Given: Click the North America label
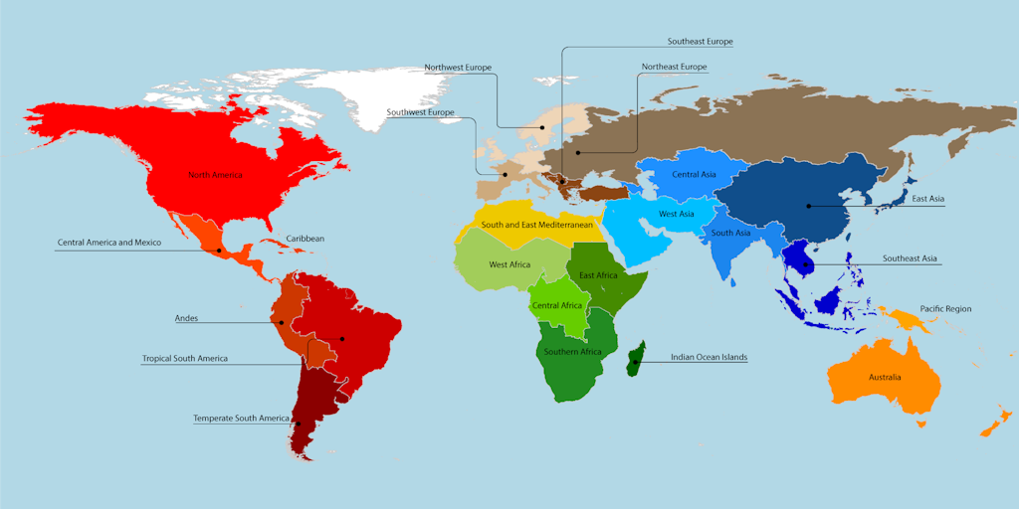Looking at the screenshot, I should point(215,175).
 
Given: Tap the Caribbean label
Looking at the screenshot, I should point(306,239).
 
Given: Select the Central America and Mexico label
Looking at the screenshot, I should point(109,243).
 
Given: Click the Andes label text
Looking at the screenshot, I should point(186,318).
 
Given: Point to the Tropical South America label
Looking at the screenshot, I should point(185,358).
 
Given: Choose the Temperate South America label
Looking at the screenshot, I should point(242,418).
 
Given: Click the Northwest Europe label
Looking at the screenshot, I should point(458,68).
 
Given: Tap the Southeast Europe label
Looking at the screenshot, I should point(700,42).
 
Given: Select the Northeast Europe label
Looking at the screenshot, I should point(674,67).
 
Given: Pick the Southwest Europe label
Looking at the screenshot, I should point(420,112).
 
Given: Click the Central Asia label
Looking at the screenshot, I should point(694,175).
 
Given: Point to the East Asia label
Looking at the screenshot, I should point(929,199).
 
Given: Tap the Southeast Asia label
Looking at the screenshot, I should point(910,258).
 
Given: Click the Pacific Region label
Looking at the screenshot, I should point(945,309).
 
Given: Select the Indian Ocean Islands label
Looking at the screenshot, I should point(709,357).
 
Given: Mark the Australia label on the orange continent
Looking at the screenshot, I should point(885,377).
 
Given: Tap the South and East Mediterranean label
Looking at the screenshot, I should point(537,225).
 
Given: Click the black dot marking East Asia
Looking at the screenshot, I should point(809,206).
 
